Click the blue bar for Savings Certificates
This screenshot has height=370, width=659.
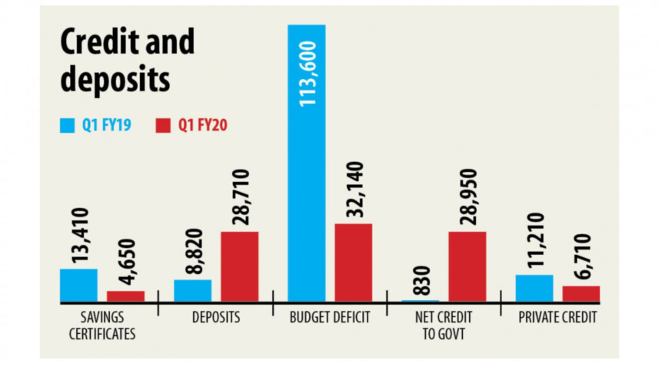78,285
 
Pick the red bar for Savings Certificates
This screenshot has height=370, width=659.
125,296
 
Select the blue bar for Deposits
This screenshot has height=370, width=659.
192,290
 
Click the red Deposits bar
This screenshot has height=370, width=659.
239,266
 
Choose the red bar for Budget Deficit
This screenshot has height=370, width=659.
353,263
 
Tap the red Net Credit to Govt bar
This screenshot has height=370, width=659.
467,266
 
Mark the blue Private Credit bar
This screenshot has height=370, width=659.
534,288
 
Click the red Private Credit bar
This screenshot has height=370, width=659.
581,293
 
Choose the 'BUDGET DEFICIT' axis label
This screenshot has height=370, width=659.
330,317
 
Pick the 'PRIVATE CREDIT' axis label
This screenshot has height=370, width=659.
558,317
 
